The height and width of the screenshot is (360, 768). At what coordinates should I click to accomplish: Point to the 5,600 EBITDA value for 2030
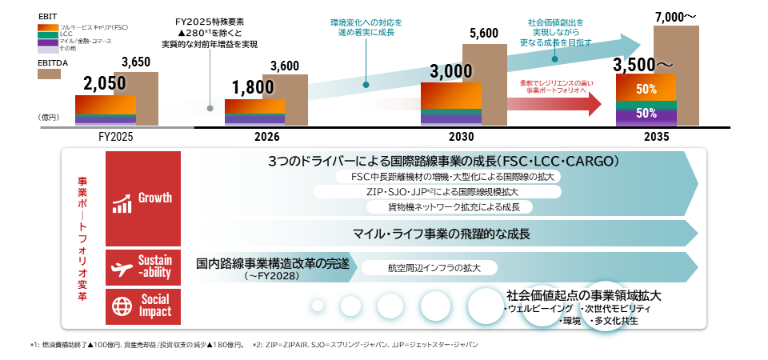485,34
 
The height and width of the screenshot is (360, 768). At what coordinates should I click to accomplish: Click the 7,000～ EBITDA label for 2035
677,16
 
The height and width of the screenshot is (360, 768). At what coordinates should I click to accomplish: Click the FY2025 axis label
105,137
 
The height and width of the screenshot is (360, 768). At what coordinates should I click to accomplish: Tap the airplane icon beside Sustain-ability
122,268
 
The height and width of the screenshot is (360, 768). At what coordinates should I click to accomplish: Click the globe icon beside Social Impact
122,305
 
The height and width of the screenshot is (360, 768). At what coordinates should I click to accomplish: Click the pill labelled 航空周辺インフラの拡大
430,269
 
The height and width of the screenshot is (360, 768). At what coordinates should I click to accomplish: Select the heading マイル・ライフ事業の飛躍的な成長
442,234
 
